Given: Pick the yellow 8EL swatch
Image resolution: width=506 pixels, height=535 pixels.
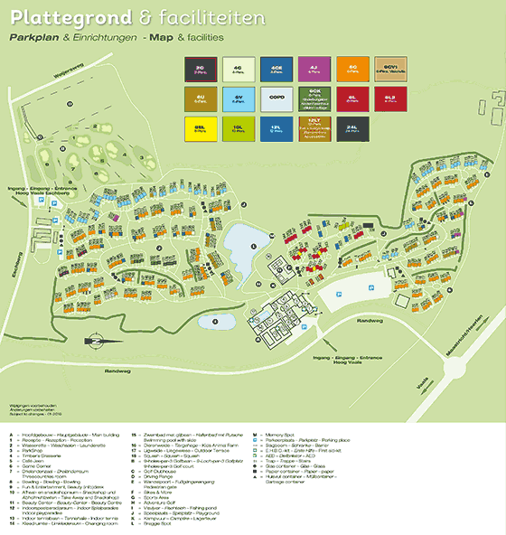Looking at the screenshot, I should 201,128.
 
